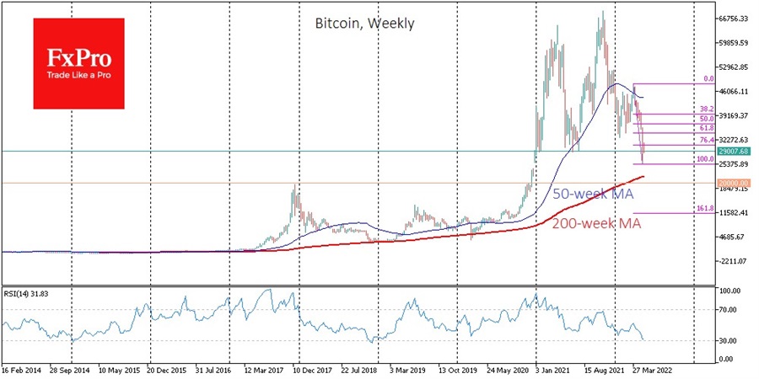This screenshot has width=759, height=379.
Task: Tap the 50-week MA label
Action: (x=592, y=194)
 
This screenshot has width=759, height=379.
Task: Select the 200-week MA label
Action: (x=597, y=224)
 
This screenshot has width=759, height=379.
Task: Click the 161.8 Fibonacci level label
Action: (x=705, y=207)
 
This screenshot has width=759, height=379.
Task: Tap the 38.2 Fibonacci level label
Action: (x=707, y=109)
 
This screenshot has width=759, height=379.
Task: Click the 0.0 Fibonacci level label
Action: (x=709, y=78)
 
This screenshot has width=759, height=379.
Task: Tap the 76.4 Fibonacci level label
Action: (x=707, y=139)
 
